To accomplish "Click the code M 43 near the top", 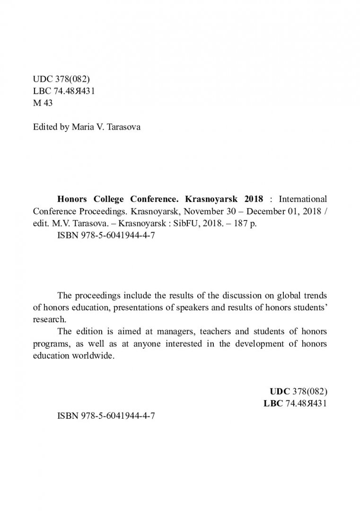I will pos(43,104).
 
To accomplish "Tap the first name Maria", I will pos(82,128).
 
